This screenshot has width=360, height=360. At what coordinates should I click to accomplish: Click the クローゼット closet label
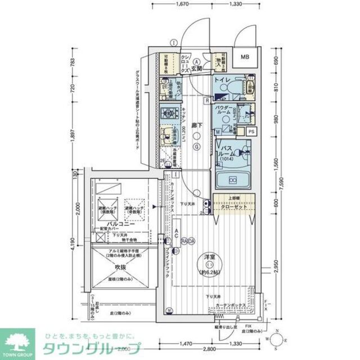[232, 206]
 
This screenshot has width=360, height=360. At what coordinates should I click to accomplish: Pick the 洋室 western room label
[209, 257]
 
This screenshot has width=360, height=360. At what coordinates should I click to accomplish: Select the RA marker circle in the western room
[184, 241]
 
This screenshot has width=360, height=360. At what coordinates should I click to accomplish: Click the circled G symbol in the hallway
[196, 147]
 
